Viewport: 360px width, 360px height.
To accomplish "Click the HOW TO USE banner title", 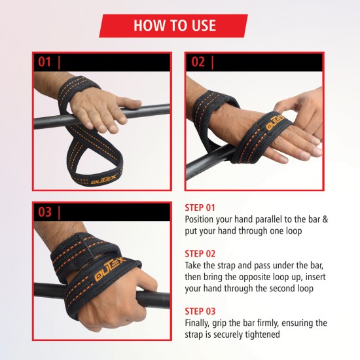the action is point(175,26).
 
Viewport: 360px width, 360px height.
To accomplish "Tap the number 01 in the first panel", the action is point(45,62).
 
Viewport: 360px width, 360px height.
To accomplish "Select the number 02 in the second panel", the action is point(198,62).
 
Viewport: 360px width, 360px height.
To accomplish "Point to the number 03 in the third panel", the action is point(45,211).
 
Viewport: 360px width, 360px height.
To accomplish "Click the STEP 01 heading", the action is point(200,207).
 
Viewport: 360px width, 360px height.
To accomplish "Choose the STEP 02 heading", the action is point(200,254).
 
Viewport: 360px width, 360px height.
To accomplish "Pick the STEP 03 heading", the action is point(200,312).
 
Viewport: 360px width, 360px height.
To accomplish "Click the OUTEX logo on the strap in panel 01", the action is point(104,179).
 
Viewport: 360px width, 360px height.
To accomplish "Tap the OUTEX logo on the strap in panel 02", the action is point(275,123).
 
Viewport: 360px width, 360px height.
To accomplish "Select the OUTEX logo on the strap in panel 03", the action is point(110,269).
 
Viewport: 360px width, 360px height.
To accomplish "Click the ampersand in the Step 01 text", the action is point(325,219).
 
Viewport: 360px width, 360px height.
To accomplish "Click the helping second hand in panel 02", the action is point(301,110).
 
